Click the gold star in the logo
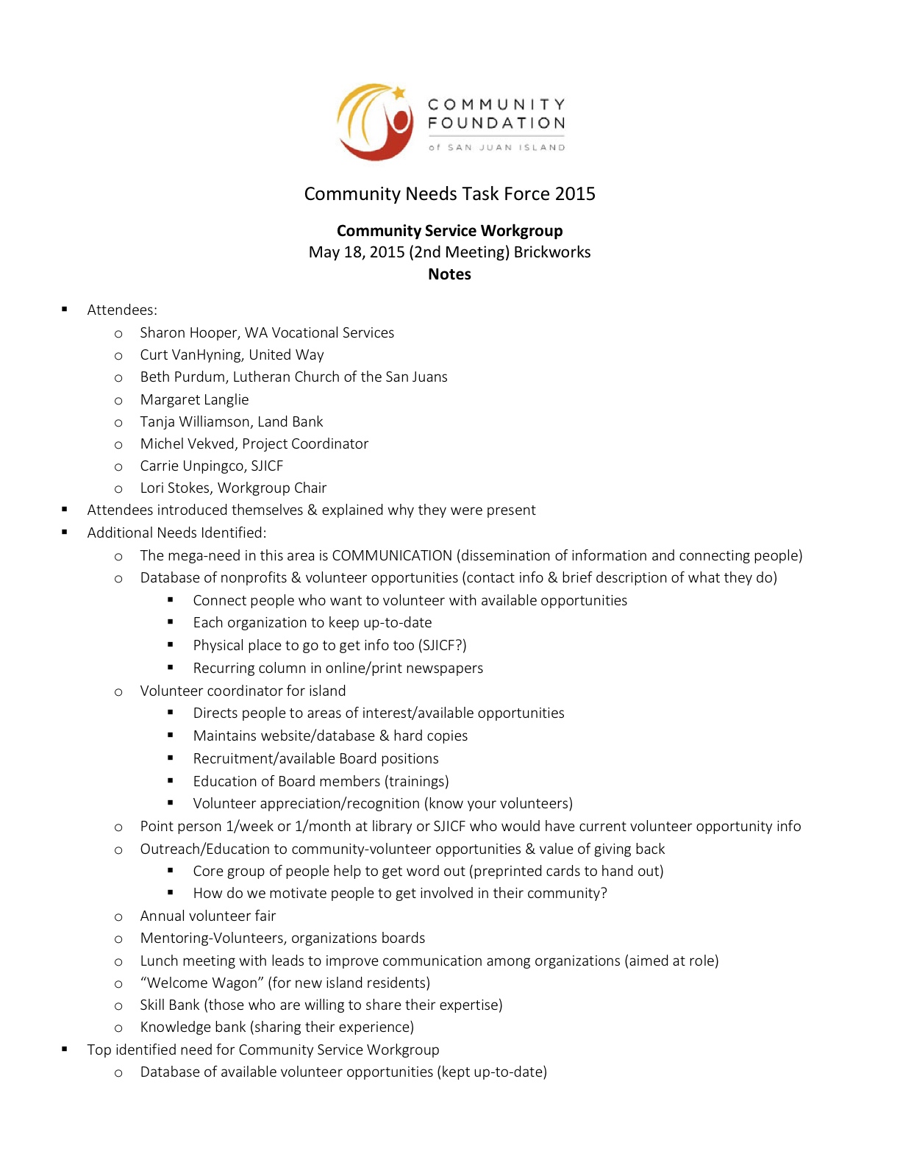(399, 93)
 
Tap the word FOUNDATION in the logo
(496, 123)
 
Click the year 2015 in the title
(575, 194)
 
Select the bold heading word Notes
(449, 274)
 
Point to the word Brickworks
(552, 252)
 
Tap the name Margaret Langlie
(194, 400)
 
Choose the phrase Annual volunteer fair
(208, 916)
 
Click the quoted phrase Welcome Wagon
(201, 983)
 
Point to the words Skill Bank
(170, 1005)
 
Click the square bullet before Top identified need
(65, 1050)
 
